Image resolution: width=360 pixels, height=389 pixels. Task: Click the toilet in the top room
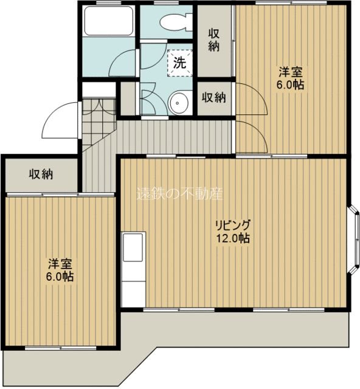click(x=174, y=21)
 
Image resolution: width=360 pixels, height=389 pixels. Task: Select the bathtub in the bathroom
click(x=108, y=22)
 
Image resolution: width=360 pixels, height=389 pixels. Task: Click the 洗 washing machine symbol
click(x=180, y=61)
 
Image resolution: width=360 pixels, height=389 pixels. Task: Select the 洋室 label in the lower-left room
click(x=61, y=264)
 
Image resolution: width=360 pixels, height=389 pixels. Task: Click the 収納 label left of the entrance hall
click(x=41, y=174)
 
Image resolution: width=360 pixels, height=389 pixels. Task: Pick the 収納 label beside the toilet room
click(x=213, y=40)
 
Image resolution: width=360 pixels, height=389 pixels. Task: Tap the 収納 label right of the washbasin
click(x=214, y=97)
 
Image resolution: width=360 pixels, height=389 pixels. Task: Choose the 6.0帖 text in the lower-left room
click(x=61, y=277)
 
